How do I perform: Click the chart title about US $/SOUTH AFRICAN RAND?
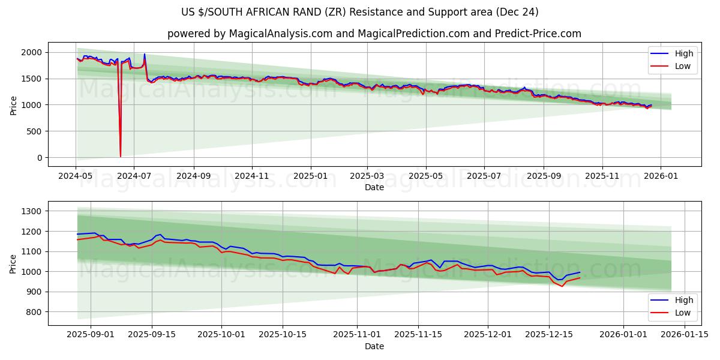pyautogui.click(x=359, y=12)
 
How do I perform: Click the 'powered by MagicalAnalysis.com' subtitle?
pyautogui.click(x=374, y=34)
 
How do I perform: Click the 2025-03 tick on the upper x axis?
pyautogui.click(x=367, y=176)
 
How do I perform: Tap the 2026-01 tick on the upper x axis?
pyautogui.click(x=661, y=176)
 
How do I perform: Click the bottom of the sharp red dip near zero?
pyautogui.click(x=120, y=157)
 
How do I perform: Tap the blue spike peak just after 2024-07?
pyautogui.click(x=144, y=54)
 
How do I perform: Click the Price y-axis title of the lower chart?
pyautogui.click(x=13, y=263)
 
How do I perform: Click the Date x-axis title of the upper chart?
pyautogui.click(x=374, y=187)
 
